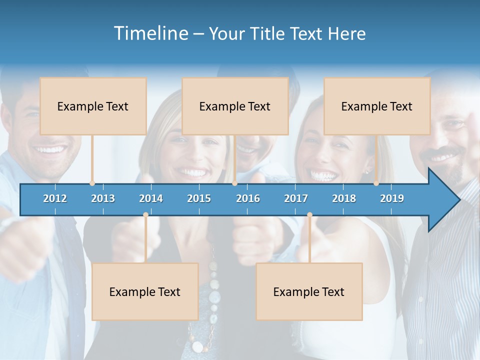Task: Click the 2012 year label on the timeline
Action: (x=55, y=198)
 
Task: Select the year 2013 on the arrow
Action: (x=103, y=198)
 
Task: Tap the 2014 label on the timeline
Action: (x=151, y=198)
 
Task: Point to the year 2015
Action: (x=199, y=198)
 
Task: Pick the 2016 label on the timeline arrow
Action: (x=248, y=198)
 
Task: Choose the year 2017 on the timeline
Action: (x=296, y=198)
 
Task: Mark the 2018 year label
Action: (x=344, y=198)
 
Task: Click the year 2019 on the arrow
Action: (x=392, y=198)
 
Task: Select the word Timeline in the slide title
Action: (x=150, y=33)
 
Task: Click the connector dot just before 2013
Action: (x=92, y=183)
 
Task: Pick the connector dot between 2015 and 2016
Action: (x=234, y=183)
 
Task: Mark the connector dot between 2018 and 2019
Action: (x=376, y=183)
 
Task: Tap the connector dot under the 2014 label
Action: (x=145, y=215)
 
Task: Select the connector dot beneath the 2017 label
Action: (x=309, y=215)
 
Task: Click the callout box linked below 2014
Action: (x=145, y=291)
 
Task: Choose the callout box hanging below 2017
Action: (x=309, y=291)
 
